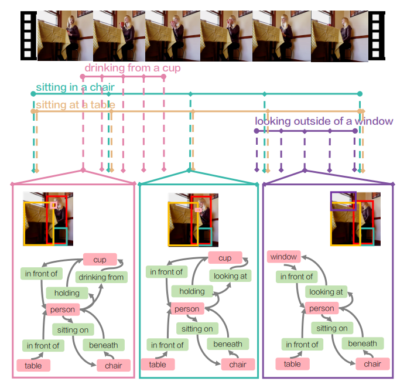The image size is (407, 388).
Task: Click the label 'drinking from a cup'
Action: [132, 69]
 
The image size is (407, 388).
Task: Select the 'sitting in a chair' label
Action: [75, 88]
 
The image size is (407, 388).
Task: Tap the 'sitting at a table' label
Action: [75, 105]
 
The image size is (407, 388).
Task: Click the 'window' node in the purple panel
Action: [283, 257]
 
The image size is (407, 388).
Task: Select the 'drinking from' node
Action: [101, 277]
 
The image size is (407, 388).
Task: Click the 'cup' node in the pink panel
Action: [100, 259]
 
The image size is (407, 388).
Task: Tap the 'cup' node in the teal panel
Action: [225, 258]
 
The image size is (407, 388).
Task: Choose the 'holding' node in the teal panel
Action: [192, 291]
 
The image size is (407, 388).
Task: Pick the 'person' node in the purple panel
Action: [322, 308]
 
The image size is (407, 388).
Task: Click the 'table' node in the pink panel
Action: [33, 365]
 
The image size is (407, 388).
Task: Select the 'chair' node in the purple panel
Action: [372, 364]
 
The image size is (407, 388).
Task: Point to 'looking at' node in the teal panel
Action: [230, 275]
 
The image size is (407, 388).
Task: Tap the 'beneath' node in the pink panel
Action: [104, 345]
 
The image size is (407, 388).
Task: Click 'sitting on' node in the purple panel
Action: [332, 328]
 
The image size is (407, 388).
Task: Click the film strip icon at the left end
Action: [29, 35]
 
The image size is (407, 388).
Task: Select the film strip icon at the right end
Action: [378, 35]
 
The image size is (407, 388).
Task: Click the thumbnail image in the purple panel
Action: [353, 218]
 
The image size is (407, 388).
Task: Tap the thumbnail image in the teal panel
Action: [190, 219]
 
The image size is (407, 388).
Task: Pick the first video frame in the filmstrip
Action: [64, 35]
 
